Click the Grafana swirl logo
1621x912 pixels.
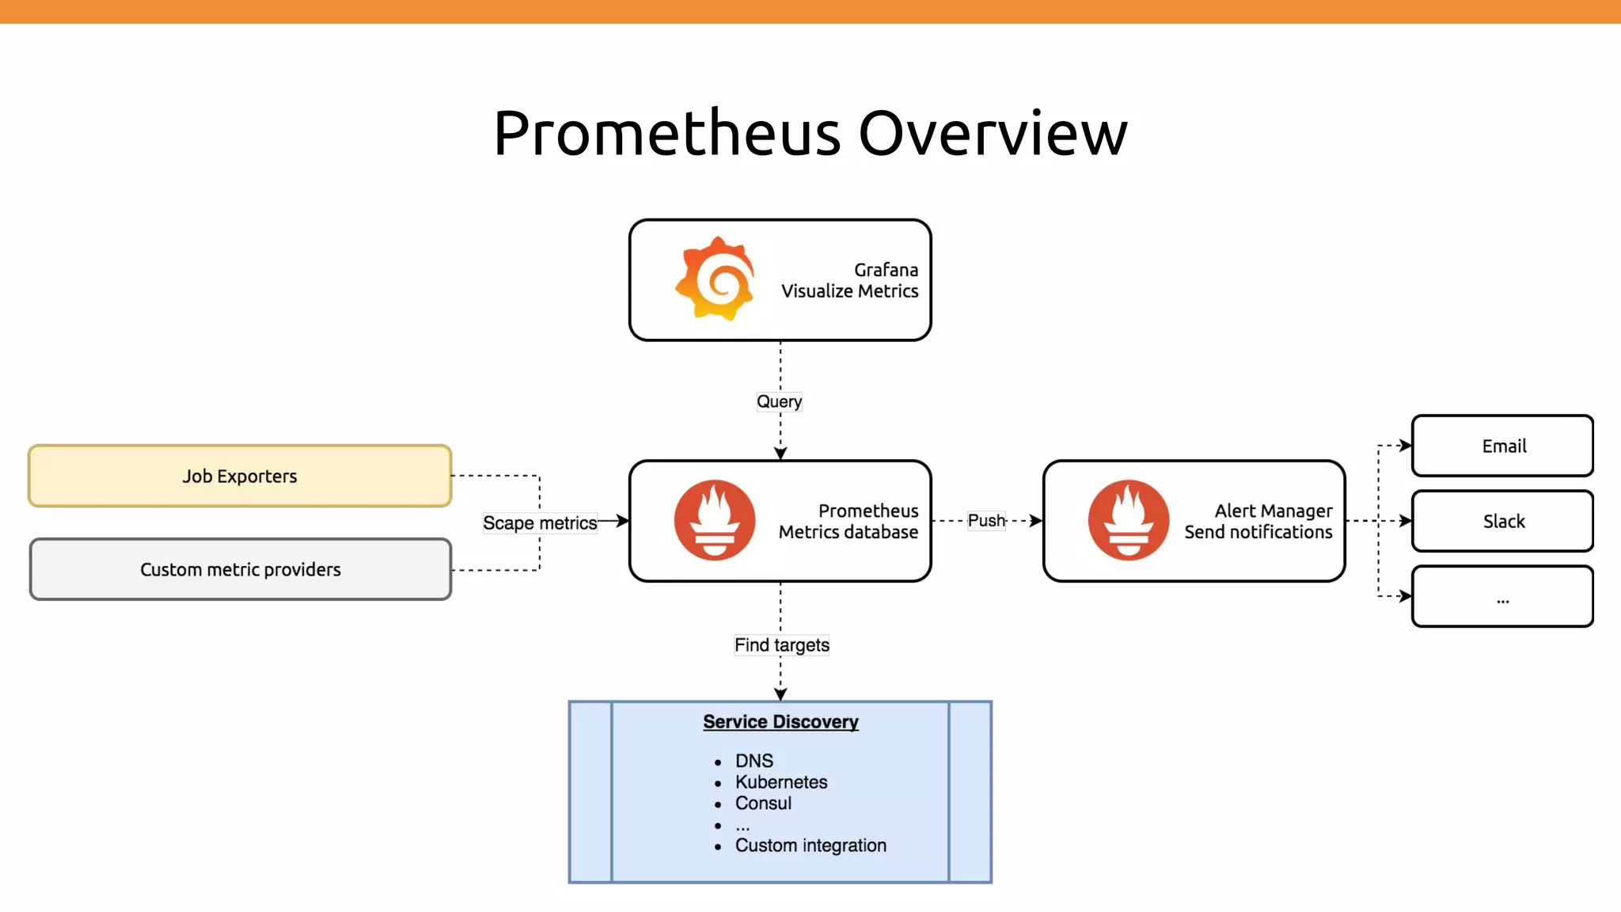click(x=715, y=279)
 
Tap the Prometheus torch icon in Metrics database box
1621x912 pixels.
click(x=714, y=520)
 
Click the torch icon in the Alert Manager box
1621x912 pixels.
click(x=1128, y=520)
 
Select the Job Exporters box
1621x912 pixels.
click(x=240, y=476)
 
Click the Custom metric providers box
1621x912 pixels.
click(x=240, y=569)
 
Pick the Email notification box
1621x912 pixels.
click(x=1502, y=446)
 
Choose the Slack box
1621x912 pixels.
click(x=1502, y=521)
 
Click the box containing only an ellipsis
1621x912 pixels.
click(x=1502, y=597)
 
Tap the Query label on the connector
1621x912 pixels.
click(x=780, y=401)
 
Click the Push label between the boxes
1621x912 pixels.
click(x=986, y=520)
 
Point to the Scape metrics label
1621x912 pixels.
click(x=540, y=522)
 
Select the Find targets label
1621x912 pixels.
click(x=781, y=645)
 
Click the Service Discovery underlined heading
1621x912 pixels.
click(x=780, y=722)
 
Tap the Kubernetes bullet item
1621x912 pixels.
click(x=780, y=782)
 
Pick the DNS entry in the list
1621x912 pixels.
click(x=754, y=761)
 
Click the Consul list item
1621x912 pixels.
click(x=763, y=804)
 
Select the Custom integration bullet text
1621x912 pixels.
click(x=810, y=845)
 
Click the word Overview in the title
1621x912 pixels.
click(x=993, y=133)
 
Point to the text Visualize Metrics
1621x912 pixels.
click(x=849, y=291)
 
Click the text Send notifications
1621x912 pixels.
click(x=1258, y=532)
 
